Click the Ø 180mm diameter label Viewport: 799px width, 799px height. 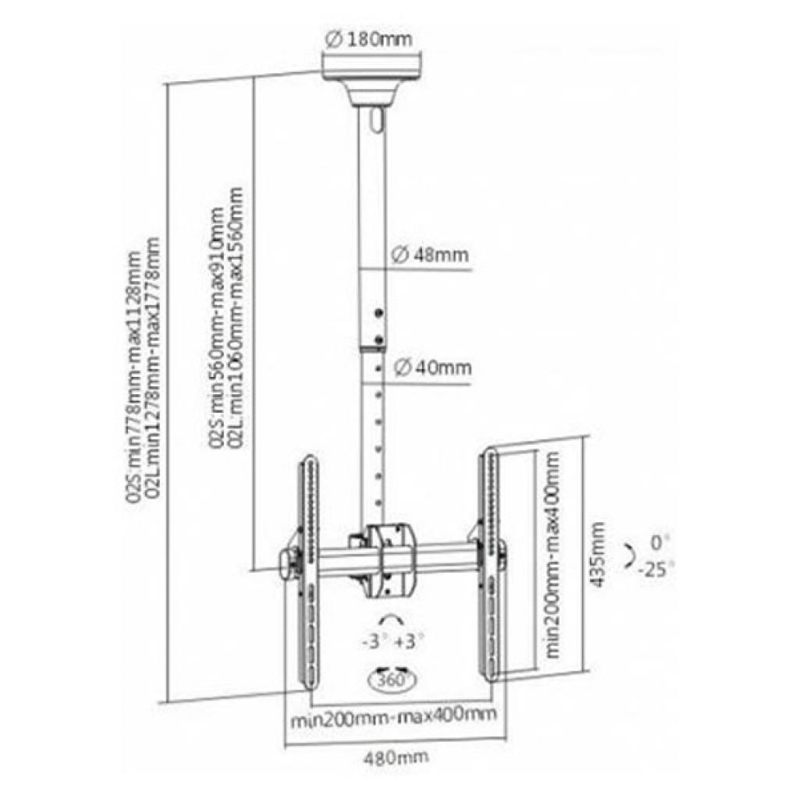368,39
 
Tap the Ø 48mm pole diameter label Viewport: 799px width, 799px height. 430,254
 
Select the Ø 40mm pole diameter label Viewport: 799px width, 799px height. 433,367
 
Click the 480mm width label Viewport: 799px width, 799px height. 396,757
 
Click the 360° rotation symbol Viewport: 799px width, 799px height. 392,680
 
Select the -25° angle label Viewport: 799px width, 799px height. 656,569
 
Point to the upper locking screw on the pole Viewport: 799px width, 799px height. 378,314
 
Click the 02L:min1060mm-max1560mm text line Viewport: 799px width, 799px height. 236,317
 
